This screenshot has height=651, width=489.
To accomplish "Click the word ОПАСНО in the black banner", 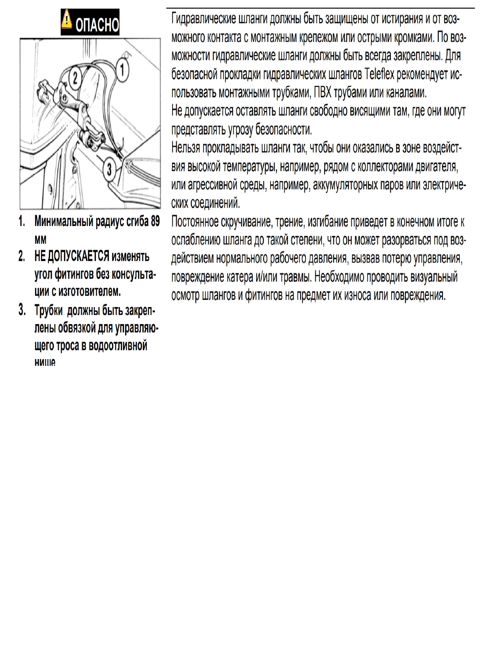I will [97, 24].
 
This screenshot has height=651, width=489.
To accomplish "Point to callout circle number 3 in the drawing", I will [109, 169].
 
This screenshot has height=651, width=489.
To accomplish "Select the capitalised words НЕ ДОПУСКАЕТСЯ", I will [72, 256].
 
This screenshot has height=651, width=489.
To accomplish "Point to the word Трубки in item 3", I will [48, 310].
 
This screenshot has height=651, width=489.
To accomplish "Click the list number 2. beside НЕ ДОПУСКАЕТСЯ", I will [22, 256].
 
